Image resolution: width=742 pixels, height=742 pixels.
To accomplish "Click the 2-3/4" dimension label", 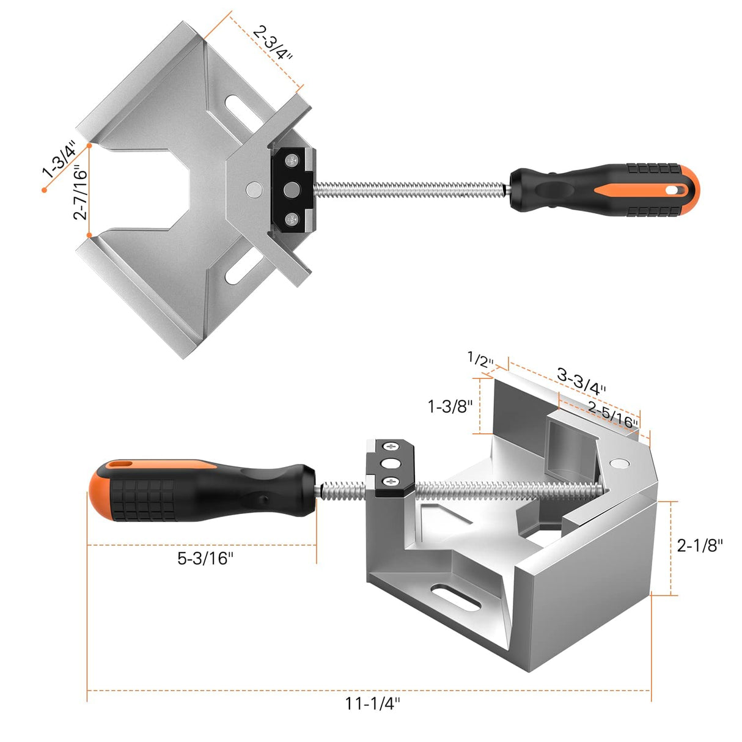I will (273, 43).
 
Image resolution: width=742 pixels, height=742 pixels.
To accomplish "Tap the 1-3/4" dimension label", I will (59, 159).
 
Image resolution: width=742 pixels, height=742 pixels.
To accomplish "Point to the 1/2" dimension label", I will (480, 359).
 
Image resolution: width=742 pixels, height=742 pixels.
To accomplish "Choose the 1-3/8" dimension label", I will (450, 406).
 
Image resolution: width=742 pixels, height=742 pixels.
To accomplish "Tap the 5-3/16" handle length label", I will (205, 558).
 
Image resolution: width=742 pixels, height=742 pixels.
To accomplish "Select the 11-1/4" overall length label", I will (372, 704).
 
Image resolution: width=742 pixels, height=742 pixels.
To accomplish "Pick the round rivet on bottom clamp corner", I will (621, 463).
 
